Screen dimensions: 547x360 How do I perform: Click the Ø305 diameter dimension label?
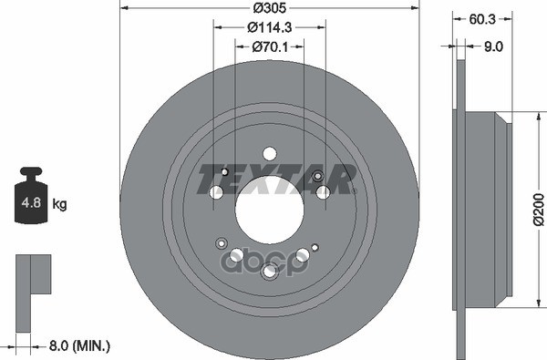click(269, 8)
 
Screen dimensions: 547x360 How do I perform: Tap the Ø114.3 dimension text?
click(269, 27)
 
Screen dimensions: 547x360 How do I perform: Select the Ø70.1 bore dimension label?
click(270, 46)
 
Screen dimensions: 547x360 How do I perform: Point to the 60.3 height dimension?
click(482, 19)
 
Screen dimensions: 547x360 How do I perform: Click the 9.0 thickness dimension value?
click(493, 46)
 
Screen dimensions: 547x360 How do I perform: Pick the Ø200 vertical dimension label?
click(539, 210)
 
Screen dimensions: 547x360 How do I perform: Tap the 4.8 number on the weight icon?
click(31, 202)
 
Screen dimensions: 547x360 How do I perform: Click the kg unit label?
click(59, 204)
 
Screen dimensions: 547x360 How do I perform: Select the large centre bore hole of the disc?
click(269, 210)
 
